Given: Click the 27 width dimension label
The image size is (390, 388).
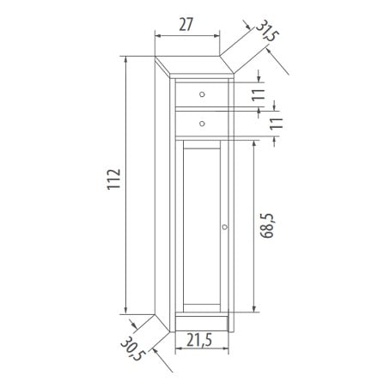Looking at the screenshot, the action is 186,25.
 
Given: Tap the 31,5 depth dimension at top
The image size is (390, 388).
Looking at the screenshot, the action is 267,31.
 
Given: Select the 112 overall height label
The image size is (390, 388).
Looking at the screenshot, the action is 114,179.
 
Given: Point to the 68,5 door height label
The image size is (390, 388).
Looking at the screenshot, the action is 267,226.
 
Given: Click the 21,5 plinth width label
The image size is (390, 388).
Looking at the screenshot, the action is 199,340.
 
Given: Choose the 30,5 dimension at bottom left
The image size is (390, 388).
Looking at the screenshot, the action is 133,349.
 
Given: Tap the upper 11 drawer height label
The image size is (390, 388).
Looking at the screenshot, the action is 259,94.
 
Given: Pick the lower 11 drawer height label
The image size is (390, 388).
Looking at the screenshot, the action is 276,124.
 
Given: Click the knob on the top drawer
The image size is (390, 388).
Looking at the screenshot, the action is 202,94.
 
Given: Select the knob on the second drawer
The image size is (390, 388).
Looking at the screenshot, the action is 202,124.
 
